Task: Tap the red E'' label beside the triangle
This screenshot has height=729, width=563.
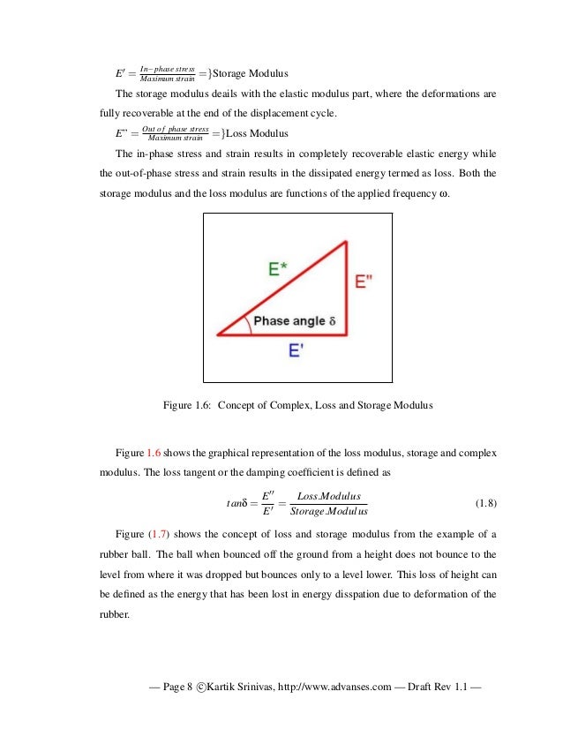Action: click(x=363, y=282)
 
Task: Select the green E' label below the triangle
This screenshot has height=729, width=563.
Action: click(x=297, y=350)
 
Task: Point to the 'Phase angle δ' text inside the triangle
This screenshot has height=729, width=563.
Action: click(x=294, y=321)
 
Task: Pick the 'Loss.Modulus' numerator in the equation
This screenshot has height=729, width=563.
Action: click(x=330, y=496)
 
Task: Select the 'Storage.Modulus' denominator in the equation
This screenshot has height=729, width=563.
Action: click(x=329, y=512)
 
